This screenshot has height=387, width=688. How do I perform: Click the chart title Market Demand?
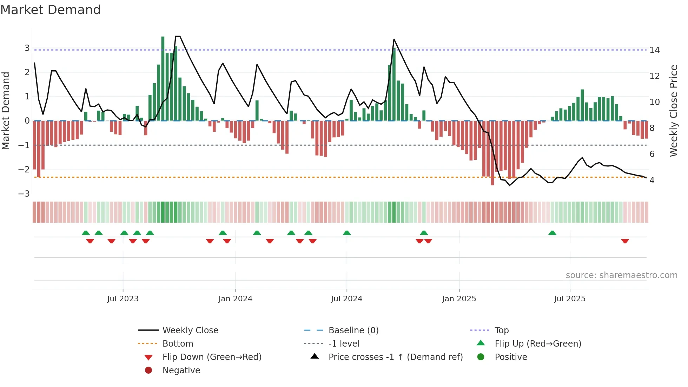[51, 10]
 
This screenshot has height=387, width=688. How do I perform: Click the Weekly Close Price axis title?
[673, 111]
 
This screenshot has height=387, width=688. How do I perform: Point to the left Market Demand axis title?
[6, 111]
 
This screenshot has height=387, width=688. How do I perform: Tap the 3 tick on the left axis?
[27, 48]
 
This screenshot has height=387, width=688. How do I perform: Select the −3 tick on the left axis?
[24, 193]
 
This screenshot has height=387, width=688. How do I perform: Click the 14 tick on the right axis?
[654, 50]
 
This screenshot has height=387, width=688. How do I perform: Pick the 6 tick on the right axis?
[652, 154]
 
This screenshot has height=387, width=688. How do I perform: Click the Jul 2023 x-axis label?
[123, 299]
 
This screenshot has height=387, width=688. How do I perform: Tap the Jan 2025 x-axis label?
[459, 299]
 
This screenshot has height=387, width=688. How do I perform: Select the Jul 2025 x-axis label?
[570, 299]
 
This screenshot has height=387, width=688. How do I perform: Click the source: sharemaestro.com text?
[621, 275]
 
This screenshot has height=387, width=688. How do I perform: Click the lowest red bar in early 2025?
[492, 153]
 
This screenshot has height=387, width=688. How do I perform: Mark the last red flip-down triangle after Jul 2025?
[625, 241]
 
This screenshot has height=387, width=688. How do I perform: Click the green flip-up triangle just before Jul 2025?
[552, 233]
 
